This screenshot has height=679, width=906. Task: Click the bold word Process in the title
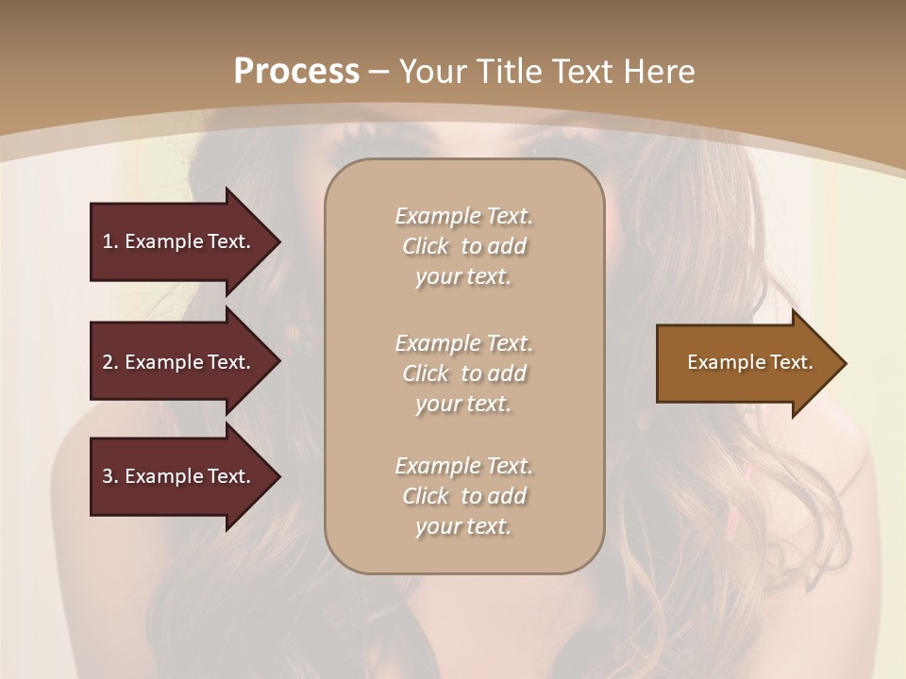click(x=296, y=72)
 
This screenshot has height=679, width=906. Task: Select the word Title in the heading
click(x=511, y=72)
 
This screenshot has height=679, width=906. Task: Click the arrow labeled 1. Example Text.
click(x=179, y=241)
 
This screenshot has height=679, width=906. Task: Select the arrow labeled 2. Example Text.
click(x=179, y=362)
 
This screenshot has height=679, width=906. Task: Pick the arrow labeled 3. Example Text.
click(x=179, y=476)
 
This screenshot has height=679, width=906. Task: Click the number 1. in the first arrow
click(x=110, y=241)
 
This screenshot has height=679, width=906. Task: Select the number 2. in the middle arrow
click(x=110, y=362)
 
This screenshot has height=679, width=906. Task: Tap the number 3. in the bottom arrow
click(x=110, y=476)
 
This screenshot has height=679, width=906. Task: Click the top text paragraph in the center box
click(x=463, y=246)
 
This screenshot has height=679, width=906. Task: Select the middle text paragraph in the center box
click(x=463, y=373)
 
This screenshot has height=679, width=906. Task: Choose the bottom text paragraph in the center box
click(x=463, y=496)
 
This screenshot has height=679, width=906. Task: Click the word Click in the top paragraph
click(x=426, y=246)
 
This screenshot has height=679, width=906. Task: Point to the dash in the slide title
click(x=379, y=72)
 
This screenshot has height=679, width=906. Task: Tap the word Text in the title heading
click(x=580, y=72)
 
